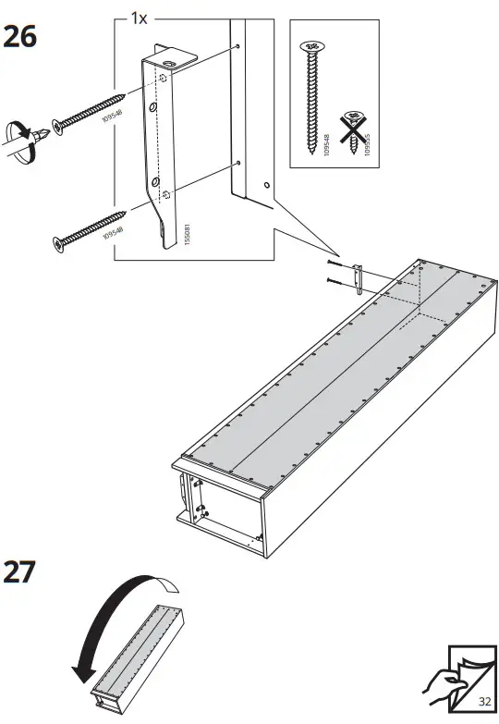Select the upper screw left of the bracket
click(88, 110)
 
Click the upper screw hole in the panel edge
click(237, 45)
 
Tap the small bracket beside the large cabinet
click(359, 276)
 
